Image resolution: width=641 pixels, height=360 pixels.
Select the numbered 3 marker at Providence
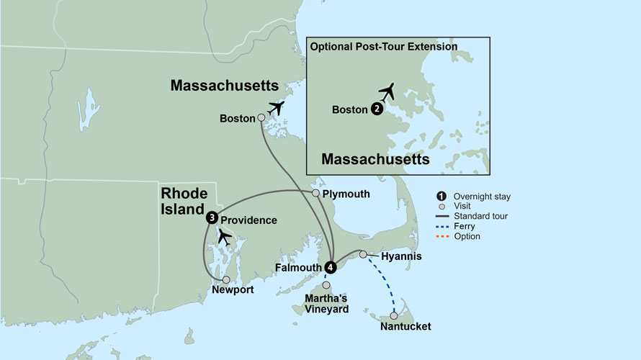click(211, 217)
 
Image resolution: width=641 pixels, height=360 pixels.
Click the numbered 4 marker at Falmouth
click(331, 266)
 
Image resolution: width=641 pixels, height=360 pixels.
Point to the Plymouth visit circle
click(315, 194)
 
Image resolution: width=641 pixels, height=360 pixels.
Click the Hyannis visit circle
click(364, 253)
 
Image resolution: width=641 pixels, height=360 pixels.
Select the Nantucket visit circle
click(394, 315)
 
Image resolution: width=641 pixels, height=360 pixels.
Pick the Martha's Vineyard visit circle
click(326, 286)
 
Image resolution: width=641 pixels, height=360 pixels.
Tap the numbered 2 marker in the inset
click(377, 109)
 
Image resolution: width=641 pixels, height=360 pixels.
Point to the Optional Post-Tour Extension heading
click(383, 47)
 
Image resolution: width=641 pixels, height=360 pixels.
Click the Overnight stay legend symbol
click(441, 197)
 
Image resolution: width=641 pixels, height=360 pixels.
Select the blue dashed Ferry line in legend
click(441, 227)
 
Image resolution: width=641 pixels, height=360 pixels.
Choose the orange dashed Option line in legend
click(441, 237)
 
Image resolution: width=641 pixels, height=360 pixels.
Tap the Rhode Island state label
click(184, 201)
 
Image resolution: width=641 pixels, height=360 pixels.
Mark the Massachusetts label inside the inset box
click(375, 158)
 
